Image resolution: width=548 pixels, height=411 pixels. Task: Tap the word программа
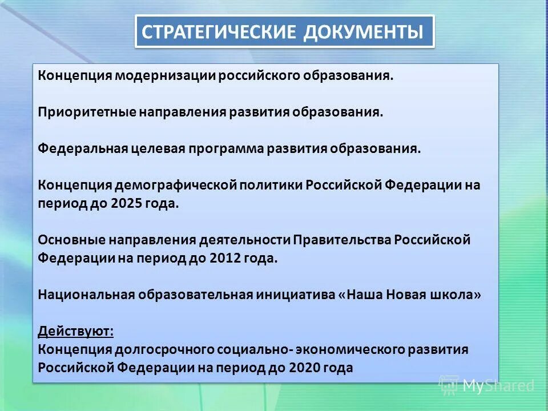pyautogui.click(x=225, y=148)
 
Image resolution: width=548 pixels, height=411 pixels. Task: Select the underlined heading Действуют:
pyautogui.click(x=68, y=331)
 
